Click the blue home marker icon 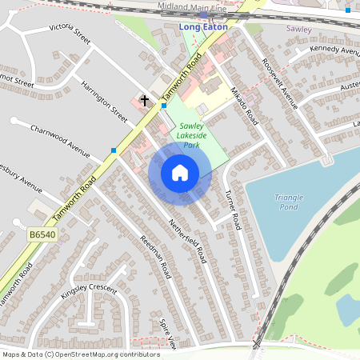click(180, 172)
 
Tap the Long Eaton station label click(203, 26)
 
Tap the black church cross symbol click(145, 100)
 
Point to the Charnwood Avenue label click(61, 139)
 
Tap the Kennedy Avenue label click(334, 50)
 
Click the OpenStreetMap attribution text click(81, 354)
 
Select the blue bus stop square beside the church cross click(163, 105)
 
